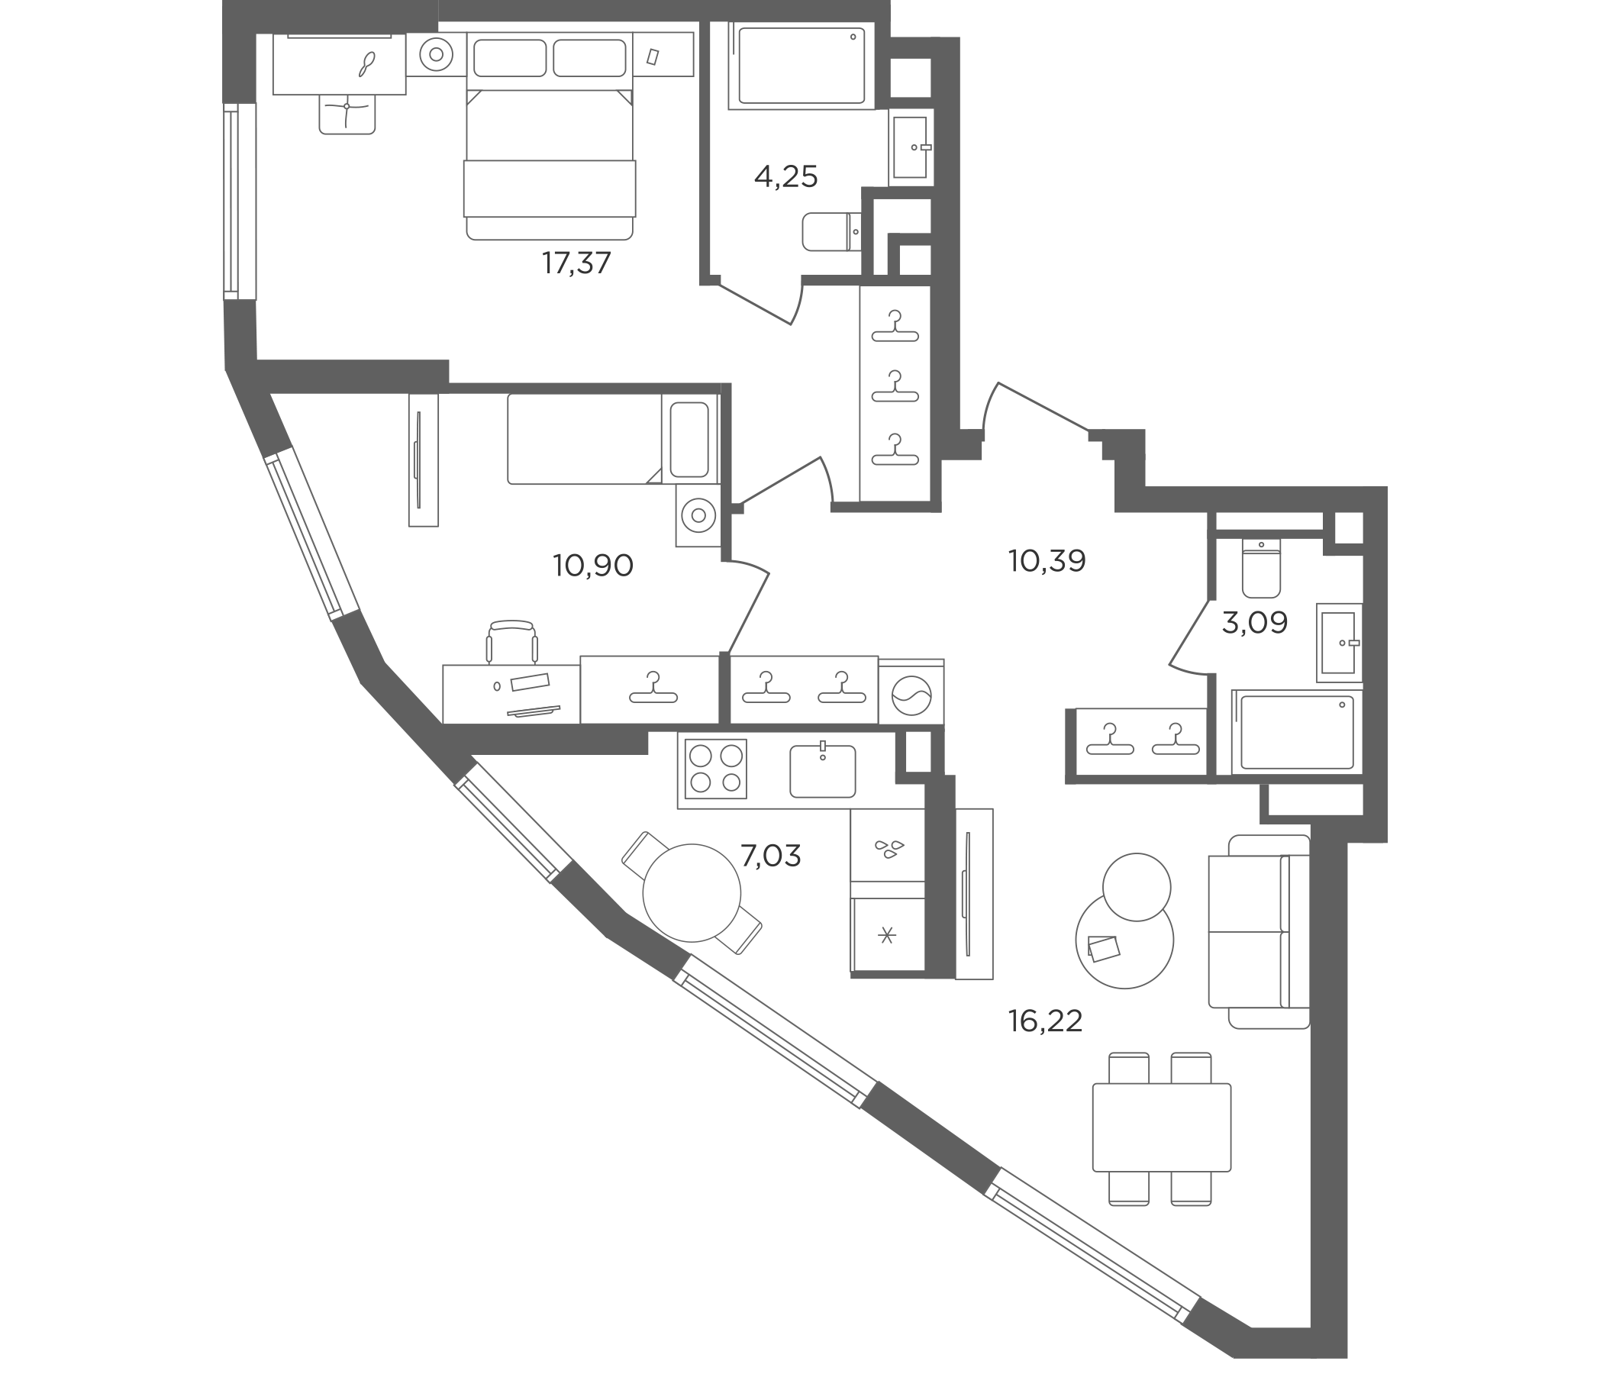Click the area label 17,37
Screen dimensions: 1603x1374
tap(576, 264)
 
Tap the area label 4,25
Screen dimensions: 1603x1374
tap(786, 177)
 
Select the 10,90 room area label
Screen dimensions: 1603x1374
tap(593, 566)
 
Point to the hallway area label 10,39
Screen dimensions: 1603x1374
tap(1047, 561)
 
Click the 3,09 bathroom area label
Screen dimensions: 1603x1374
tap(1255, 622)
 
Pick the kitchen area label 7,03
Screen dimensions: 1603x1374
tap(770, 856)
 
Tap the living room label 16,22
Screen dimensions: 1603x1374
tap(1045, 1022)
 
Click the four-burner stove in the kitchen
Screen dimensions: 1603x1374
tap(716, 768)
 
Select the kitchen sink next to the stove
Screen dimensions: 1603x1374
tap(822, 769)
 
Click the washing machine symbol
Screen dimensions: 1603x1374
tap(911, 692)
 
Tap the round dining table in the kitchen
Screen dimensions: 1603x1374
tap(692, 893)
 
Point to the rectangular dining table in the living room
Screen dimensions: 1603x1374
tap(1161, 1127)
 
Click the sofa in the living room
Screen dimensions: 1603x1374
tap(1259, 931)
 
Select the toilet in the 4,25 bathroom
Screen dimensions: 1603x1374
tap(832, 231)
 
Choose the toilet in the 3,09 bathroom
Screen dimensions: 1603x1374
tap(1261, 569)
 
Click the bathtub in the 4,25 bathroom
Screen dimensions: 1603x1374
tap(801, 65)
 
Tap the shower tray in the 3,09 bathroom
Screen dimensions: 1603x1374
tap(1297, 732)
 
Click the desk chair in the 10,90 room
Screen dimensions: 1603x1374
tap(512, 641)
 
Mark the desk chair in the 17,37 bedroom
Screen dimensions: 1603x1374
tap(347, 114)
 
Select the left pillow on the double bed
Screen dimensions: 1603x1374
tap(510, 58)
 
